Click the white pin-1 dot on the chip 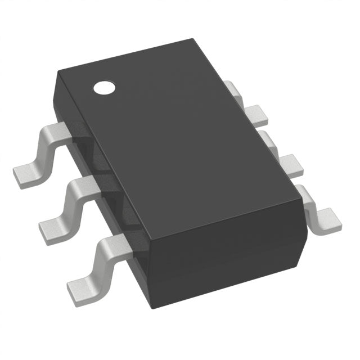point(103,87)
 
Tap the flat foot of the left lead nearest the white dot point(26,174)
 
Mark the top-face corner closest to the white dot point(58,76)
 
